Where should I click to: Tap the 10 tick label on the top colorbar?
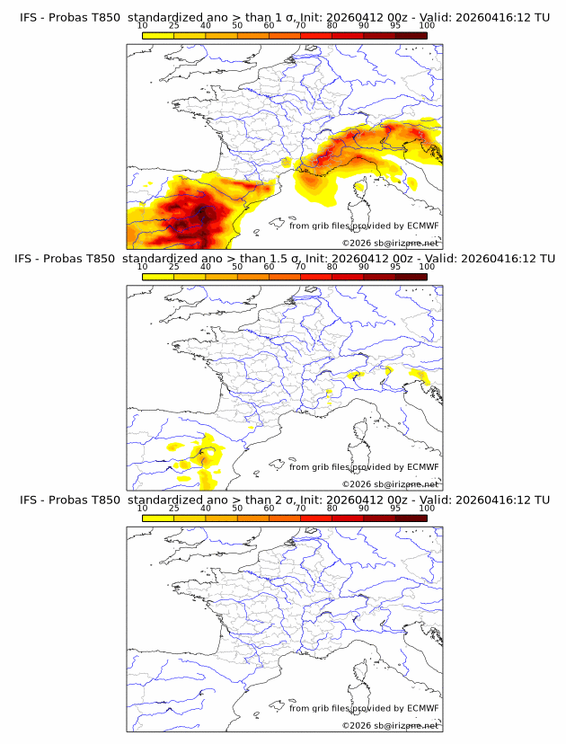143,27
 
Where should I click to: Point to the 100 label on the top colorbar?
427,27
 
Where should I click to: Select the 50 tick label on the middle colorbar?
237,267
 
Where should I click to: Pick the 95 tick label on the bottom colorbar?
395,508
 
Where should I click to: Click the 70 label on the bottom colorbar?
300,508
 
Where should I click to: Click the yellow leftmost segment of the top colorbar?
158,35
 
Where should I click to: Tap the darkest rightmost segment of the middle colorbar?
411,276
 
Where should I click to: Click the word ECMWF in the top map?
422,226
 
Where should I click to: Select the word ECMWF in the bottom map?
422,708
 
